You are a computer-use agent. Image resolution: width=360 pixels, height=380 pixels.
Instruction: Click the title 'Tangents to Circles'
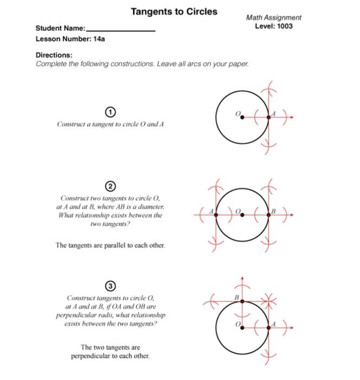174,11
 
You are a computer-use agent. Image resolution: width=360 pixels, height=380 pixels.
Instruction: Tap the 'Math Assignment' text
273,17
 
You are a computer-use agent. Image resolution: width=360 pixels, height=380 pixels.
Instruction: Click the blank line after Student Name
121,30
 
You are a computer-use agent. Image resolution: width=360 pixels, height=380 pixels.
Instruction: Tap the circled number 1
111,112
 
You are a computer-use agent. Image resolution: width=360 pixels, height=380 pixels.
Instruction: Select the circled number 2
111,187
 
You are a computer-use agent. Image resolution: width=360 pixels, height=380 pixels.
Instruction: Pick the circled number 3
111,285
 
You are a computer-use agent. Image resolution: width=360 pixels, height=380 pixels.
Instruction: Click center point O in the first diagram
242,116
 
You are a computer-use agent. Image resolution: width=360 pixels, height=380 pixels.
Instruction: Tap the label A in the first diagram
274,113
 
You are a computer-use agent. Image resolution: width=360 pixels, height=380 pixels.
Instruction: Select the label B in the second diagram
274,210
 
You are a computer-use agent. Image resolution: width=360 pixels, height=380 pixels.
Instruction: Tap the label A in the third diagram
274,324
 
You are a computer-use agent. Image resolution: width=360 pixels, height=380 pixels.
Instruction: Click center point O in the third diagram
242,327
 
